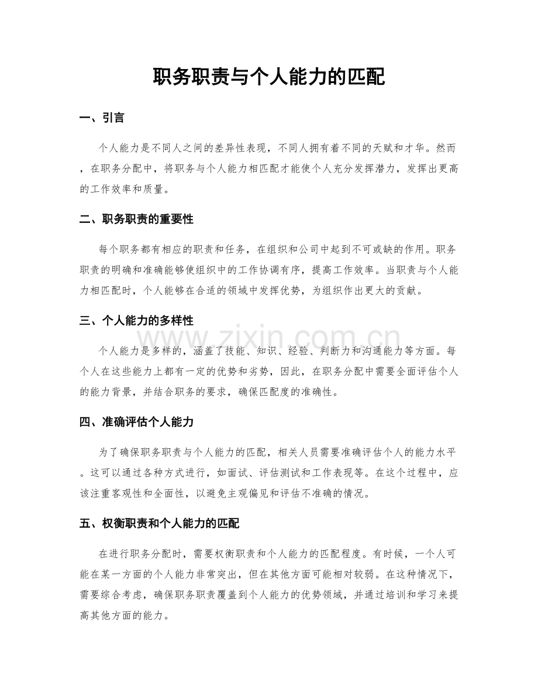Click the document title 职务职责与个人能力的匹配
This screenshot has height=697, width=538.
(x=268, y=76)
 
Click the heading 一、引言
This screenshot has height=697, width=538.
(x=102, y=118)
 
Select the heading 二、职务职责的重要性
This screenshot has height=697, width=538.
(x=136, y=219)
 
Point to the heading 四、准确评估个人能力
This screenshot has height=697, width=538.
(x=136, y=421)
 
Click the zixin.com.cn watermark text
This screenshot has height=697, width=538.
(x=269, y=341)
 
